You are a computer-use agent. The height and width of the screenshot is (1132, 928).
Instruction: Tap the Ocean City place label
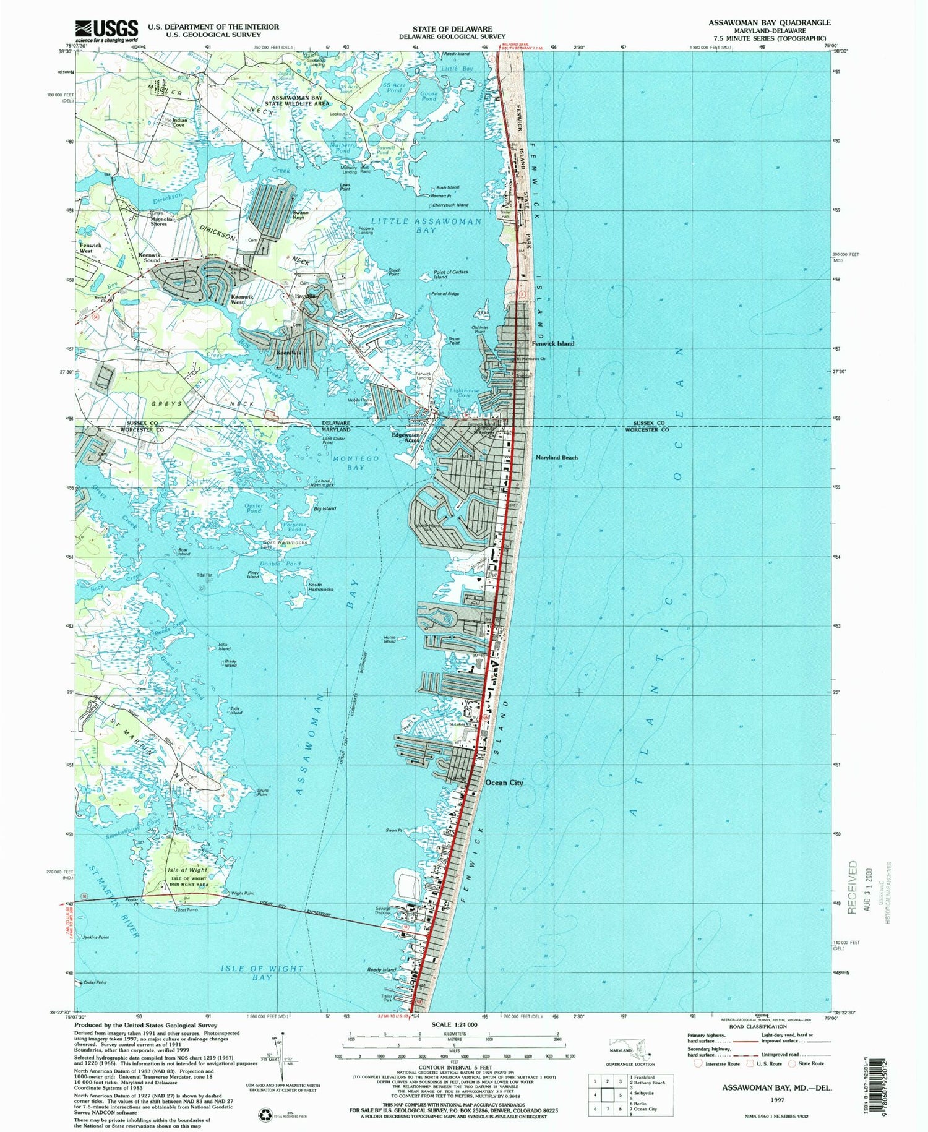click(x=504, y=783)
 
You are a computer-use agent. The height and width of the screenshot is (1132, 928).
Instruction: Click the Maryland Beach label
click(x=556, y=457)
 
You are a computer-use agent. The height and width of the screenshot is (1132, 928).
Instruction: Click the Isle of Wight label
click(x=188, y=870)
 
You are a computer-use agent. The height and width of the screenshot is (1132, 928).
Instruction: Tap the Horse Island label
click(x=389, y=640)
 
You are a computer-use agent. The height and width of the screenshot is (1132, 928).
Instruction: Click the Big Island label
click(x=324, y=508)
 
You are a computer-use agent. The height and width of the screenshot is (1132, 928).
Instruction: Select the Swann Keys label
click(x=301, y=215)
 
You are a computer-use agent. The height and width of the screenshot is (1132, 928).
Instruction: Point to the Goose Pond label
click(x=428, y=96)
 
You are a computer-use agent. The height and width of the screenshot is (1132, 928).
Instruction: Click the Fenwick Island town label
click(x=552, y=343)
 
